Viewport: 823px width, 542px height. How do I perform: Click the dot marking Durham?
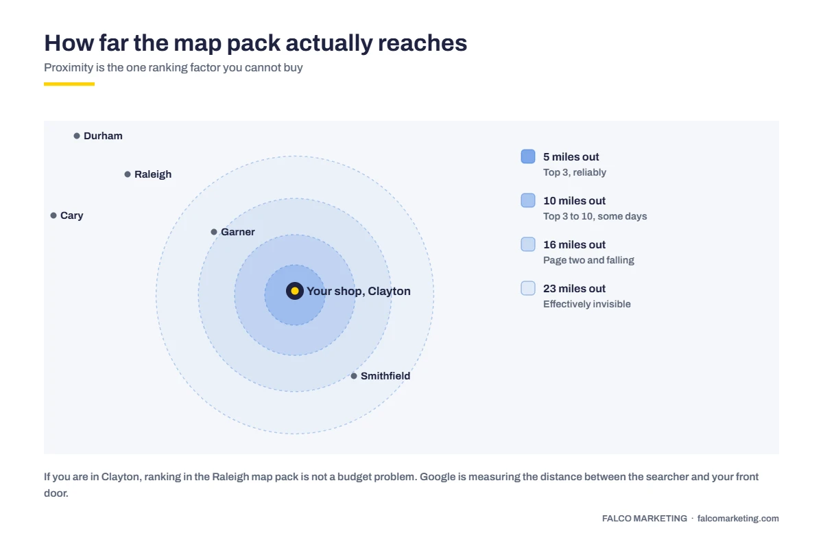(x=77, y=136)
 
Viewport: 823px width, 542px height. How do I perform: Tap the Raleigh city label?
(x=153, y=174)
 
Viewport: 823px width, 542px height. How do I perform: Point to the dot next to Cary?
(x=53, y=215)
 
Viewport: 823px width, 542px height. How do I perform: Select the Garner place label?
(x=238, y=232)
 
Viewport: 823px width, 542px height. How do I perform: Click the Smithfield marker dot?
(x=354, y=376)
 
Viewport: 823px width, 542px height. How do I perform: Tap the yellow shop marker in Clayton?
(x=295, y=291)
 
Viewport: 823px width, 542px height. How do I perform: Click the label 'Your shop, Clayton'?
(x=359, y=291)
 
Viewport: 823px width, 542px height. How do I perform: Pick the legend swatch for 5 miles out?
(x=528, y=156)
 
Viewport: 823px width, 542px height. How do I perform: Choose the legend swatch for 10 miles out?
(x=528, y=200)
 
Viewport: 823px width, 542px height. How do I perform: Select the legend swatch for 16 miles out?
(x=528, y=244)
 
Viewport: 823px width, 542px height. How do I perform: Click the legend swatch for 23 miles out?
(x=528, y=288)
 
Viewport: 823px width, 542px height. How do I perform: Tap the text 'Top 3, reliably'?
(x=575, y=172)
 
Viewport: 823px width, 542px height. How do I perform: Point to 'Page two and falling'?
(x=588, y=260)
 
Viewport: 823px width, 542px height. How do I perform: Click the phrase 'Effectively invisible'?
(x=587, y=304)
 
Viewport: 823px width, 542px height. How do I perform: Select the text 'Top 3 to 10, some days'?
(x=595, y=216)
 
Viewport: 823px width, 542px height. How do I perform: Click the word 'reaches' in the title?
(x=422, y=43)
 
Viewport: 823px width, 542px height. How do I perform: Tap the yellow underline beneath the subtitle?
(x=69, y=84)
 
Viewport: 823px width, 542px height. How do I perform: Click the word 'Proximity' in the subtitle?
(x=69, y=68)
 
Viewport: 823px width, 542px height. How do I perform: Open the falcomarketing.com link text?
(x=738, y=519)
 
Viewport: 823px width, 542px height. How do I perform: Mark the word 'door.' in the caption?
(x=56, y=493)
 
